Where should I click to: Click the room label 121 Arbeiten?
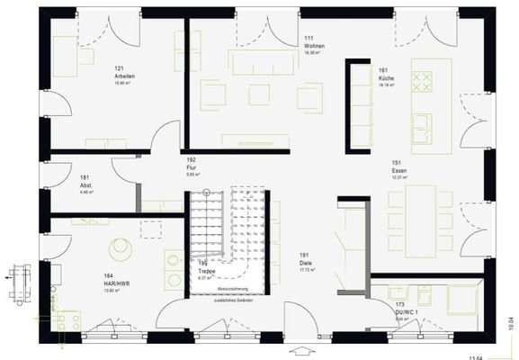point(123,73)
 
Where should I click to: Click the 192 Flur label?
point(192,165)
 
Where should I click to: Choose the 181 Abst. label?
point(87,183)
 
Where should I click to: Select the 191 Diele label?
point(305,260)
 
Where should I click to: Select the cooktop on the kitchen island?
point(422,82)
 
